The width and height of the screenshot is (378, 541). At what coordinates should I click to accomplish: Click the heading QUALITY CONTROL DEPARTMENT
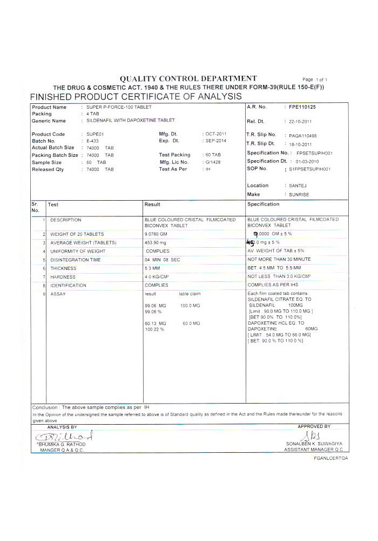pyautogui.click(x=188, y=78)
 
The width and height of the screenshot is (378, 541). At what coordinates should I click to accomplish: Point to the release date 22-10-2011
pyautogui.click(x=300, y=122)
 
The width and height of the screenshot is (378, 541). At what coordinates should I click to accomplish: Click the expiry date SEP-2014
pyautogui.click(x=216, y=141)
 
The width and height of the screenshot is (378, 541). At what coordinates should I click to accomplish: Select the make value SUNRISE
pyautogui.click(x=301, y=194)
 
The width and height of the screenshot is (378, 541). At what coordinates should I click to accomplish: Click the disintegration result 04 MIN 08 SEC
pyautogui.click(x=162, y=260)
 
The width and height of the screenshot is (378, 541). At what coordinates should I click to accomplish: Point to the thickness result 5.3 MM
pyautogui.click(x=153, y=268)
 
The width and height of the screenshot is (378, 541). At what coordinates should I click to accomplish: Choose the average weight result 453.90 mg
pyautogui.click(x=157, y=242)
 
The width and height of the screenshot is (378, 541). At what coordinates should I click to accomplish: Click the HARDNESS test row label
pyautogui.click(x=63, y=277)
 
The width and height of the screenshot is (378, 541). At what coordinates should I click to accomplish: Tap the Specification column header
pyautogui.click(x=264, y=204)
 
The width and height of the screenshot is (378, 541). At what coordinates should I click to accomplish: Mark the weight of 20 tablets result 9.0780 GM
pyautogui.click(x=157, y=234)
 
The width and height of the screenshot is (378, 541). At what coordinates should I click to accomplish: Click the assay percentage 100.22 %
pyautogui.click(x=154, y=329)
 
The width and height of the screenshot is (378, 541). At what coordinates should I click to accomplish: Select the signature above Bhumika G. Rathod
pyautogui.click(x=63, y=436)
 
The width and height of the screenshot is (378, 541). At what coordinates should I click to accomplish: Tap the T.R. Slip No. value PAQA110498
pyautogui.click(x=303, y=136)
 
